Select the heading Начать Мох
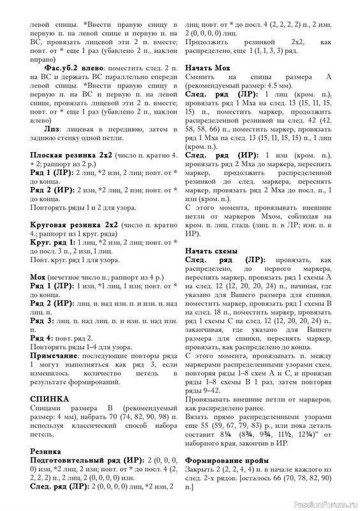(207, 68)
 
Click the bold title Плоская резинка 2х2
(75, 155)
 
